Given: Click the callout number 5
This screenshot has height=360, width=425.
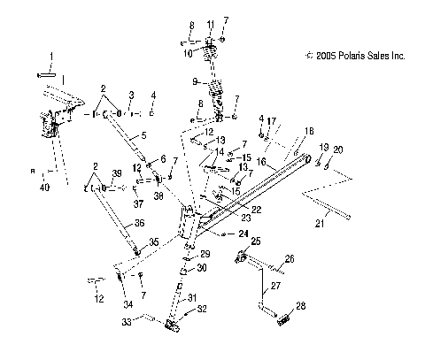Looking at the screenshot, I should (132, 137).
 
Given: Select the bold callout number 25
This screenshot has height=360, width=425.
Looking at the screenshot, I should (254, 241).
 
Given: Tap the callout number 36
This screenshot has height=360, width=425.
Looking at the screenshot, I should (113, 224).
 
